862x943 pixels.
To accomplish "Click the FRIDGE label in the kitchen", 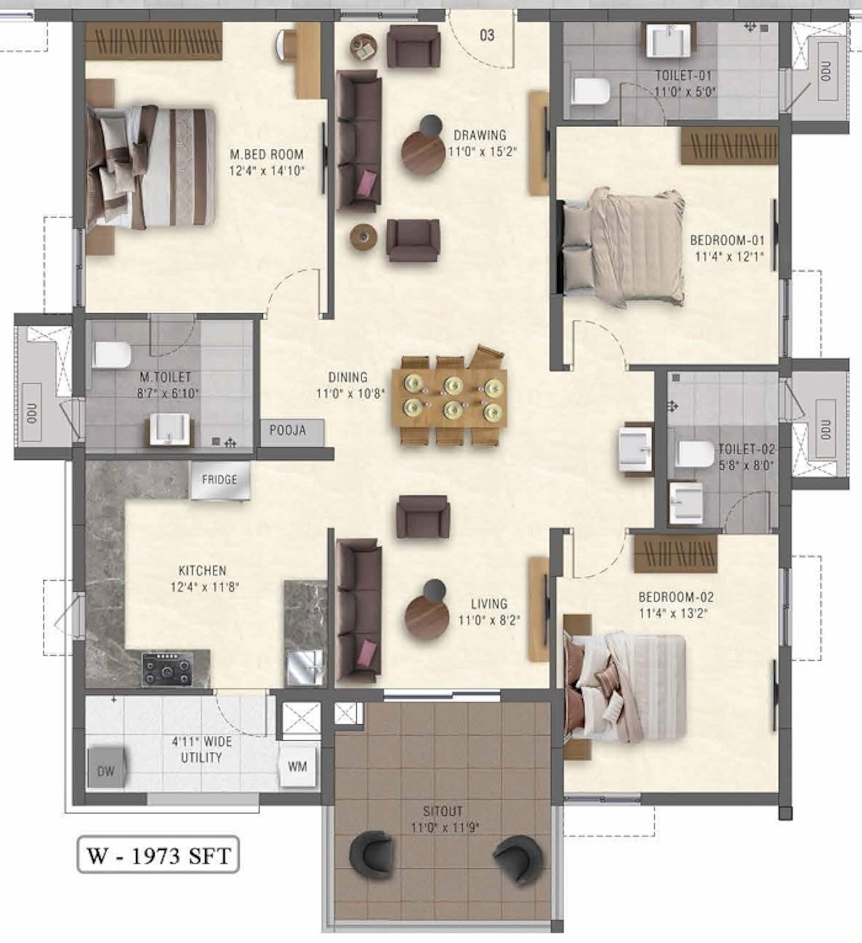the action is pyautogui.click(x=219, y=479).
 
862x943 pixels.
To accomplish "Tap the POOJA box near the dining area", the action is pyautogui.click(x=291, y=433).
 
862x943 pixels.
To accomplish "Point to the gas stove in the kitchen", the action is pyautogui.click(x=168, y=669).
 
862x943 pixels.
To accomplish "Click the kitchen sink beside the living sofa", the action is pyautogui.click(x=305, y=668).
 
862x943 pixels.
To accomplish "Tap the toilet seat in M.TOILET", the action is pyautogui.click(x=112, y=355).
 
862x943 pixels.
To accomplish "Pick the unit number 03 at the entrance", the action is pyautogui.click(x=487, y=35).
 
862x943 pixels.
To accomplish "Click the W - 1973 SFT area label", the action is pyautogui.click(x=158, y=856).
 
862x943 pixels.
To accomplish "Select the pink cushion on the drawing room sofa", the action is pyautogui.click(x=367, y=183).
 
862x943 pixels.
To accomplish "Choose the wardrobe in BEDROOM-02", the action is pyautogui.click(x=676, y=554).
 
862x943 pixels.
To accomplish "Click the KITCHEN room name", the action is pyautogui.click(x=202, y=570).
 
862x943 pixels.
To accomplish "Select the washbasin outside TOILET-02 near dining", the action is pyautogui.click(x=635, y=450).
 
